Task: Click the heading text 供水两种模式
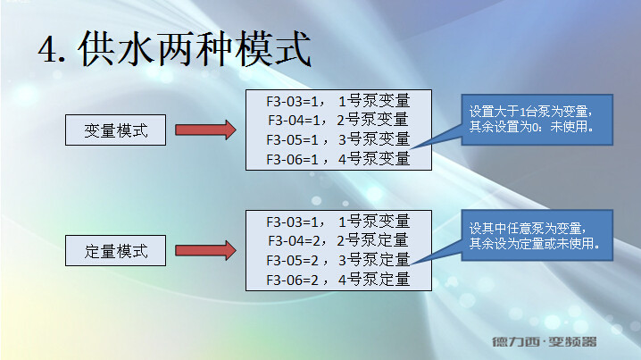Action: (196, 50)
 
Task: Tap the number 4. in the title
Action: (54, 51)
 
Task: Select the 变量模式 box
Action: (116, 132)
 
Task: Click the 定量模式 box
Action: (116, 251)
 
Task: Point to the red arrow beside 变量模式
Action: (204, 131)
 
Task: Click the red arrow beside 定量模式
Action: (204, 251)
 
